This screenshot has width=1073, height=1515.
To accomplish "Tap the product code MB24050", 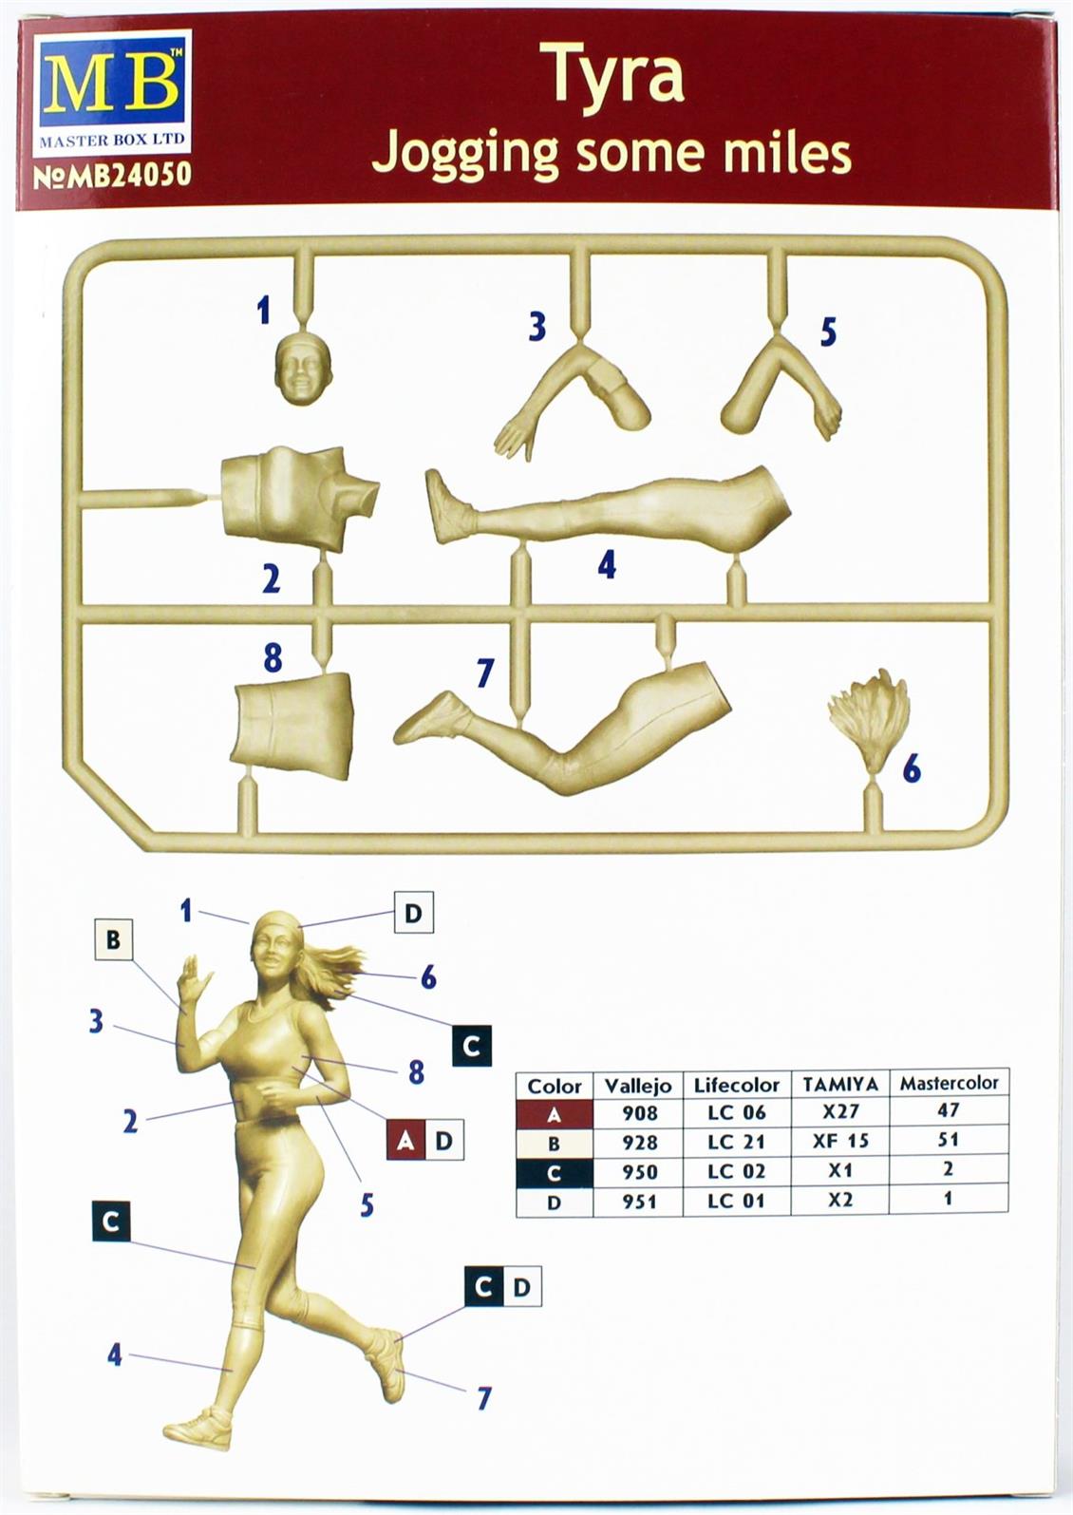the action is coord(112,176).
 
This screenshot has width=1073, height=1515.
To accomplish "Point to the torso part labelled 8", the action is coord(292,725).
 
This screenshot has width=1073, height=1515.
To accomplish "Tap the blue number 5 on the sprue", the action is coord(828,331).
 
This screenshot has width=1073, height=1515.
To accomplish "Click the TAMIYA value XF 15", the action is coord(840,1141).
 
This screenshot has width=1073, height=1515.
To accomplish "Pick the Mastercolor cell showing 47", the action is coord(948,1109).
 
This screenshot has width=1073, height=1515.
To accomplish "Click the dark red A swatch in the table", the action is coord(554,1113).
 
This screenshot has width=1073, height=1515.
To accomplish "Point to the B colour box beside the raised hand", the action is coord(113,939).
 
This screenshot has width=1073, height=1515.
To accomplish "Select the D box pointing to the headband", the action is coord(413,913).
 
